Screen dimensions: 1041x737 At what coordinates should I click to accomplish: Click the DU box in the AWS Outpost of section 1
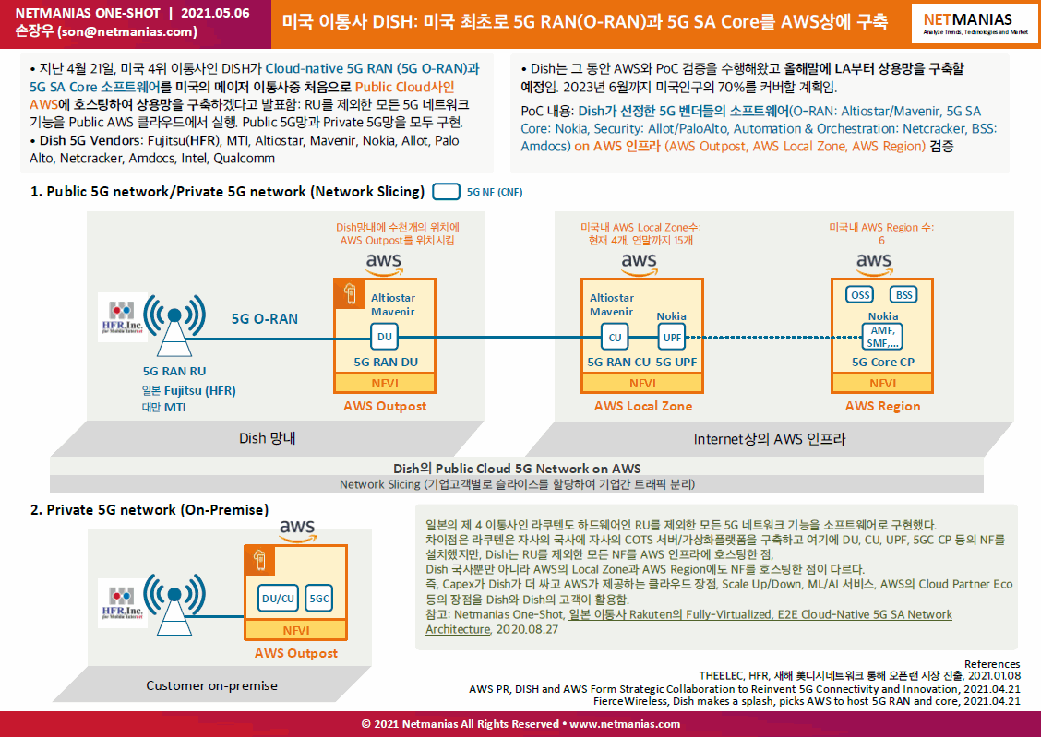[x=385, y=337]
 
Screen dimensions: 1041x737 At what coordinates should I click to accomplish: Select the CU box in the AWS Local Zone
[x=615, y=337]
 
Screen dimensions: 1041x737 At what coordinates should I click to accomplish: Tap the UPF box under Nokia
[x=672, y=337]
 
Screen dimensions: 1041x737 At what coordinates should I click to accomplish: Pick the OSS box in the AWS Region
[x=860, y=295]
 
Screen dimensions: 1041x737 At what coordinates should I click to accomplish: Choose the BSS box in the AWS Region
[x=904, y=295]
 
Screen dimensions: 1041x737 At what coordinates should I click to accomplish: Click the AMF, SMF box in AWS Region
[x=882, y=337]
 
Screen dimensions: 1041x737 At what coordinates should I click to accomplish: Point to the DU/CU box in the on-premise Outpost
[x=278, y=599]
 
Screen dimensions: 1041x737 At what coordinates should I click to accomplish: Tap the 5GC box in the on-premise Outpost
[x=318, y=599]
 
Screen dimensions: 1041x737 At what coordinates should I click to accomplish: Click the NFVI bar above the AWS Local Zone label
[x=642, y=384]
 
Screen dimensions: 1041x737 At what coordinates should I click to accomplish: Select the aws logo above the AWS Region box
[x=874, y=264]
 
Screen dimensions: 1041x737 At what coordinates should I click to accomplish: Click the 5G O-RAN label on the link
[x=264, y=319]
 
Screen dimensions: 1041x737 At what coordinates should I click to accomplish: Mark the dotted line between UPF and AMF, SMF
[x=774, y=337]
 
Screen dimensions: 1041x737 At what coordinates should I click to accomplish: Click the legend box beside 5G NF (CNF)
[x=446, y=192]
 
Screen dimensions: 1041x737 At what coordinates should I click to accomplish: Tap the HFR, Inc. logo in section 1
[x=122, y=317]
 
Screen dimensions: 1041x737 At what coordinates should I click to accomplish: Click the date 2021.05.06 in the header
[x=215, y=13]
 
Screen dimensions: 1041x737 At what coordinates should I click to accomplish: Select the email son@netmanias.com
[x=127, y=32]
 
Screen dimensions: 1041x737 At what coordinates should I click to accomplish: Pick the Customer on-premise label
[x=211, y=686]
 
